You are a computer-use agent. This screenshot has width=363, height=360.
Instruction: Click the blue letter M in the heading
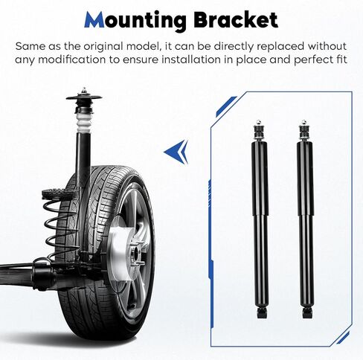point(94,19)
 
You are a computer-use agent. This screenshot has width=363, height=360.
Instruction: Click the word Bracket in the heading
point(236,19)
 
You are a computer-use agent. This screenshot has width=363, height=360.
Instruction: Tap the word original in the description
point(103,47)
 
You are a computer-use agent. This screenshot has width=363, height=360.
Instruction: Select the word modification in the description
point(71,60)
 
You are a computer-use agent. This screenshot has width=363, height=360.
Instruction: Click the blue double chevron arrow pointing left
point(176,152)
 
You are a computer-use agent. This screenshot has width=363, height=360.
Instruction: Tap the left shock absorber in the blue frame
point(260,219)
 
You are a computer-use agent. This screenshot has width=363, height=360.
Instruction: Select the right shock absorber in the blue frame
point(306,219)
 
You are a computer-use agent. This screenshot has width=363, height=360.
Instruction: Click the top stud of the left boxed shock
point(258,123)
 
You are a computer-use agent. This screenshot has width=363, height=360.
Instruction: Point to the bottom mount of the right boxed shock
point(307,313)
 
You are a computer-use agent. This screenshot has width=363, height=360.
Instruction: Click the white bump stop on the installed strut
point(83,122)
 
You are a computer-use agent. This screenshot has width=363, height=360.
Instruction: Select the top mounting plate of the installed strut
point(84,97)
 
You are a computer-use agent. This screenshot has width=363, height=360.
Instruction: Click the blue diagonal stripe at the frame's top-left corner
point(225,106)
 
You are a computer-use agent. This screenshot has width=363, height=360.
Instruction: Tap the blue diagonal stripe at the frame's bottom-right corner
point(343,338)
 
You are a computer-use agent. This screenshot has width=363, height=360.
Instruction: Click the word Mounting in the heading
point(135,21)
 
